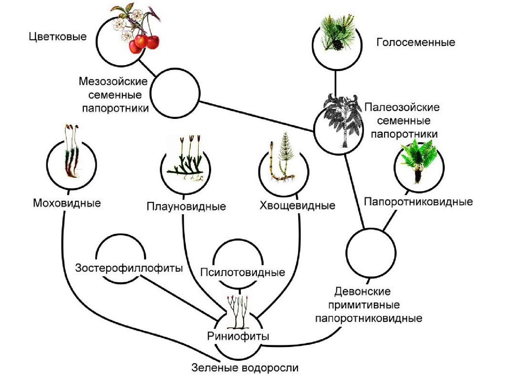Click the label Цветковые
[57, 37]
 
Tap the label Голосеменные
[415, 42]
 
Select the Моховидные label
[67, 203]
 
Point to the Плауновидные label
[186, 206]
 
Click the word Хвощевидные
[297, 205]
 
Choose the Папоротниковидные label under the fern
[418, 202]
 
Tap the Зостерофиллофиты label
[129, 268]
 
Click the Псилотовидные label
[243, 272]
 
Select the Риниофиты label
[238, 337]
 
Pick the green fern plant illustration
[418, 160]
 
